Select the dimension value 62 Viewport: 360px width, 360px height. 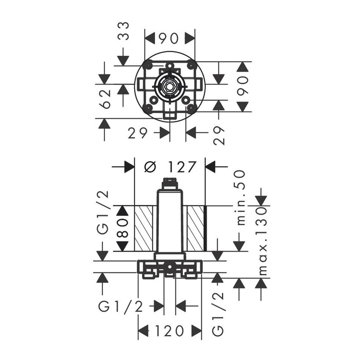[105, 99]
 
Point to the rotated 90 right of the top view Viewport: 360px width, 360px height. [242, 86]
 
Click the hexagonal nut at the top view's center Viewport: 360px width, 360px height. [169, 87]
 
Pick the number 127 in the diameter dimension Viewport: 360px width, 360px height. [182, 167]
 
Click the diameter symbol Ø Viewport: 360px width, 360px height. [150, 167]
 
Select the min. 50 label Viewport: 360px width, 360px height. [241, 197]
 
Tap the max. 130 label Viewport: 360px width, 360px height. [263, 241]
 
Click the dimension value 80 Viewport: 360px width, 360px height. [122, 228]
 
